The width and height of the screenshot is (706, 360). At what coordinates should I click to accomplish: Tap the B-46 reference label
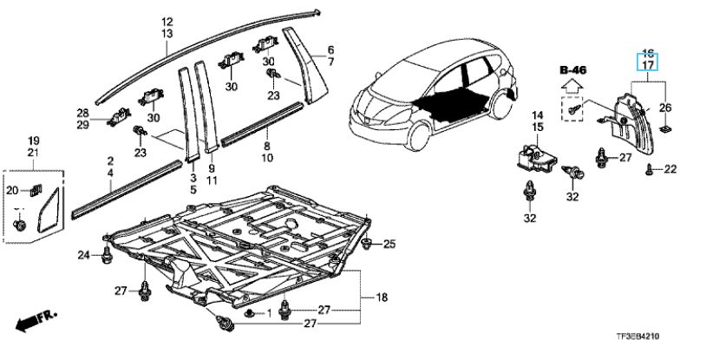pyautogui.click(x=573, y=69)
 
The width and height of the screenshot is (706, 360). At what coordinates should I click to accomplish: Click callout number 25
pyautogui.click(x=389, y=243)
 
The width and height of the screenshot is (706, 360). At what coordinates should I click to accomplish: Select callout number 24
pyautogui.click(x=82, y=255)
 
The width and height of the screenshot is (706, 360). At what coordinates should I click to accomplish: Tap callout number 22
pyautogui.click(x=669, y=169)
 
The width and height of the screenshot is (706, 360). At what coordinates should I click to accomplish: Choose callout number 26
pyautogui.click(x=665, y=108)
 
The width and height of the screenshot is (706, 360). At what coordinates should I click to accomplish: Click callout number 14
pyautogui.click(x=537, y=115)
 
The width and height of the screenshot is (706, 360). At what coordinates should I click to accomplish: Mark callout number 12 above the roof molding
pyautogui.click(x=167, y=21)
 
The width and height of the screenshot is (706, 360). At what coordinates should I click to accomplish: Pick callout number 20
pyautogui.click(x=13, y=191)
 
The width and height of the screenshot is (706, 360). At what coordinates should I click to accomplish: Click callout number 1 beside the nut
pyautogui.click(x=269, y=311)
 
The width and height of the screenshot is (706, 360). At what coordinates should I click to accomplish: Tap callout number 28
pyautogui.click(x=82, y=114)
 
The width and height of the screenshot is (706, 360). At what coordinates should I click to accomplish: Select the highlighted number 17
pyautogui.click(x=647, y=64)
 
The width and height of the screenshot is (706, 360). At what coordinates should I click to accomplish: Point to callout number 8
pyautogui.click(x=267, y=147)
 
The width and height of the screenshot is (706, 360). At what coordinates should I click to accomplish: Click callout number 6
pyautogui.click(x=330, y=49)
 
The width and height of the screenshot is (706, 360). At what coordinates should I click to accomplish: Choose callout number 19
pyautogui.click(x=33, y=141)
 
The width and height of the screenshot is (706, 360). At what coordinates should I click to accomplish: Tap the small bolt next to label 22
pyautogui.click(x=649, y=171)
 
